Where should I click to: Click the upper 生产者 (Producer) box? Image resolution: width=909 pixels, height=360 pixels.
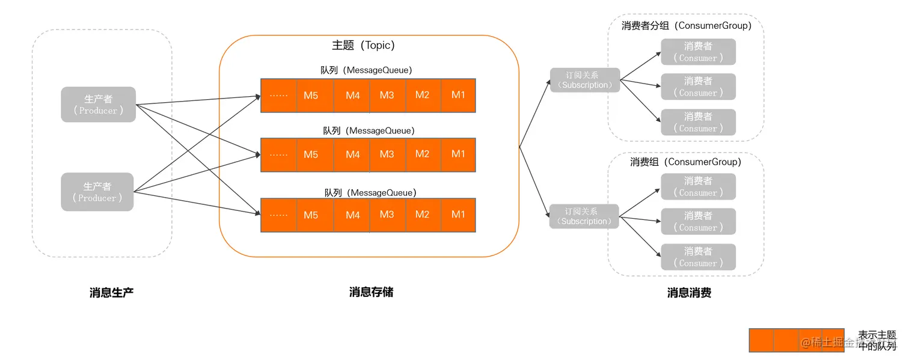pyautogui.click(x=98, y=105)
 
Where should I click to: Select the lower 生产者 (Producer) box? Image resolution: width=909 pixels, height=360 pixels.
pyautogui.click(x=97, y=192)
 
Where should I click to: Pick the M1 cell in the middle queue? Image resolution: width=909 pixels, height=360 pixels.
pyautogui.click(x=458, y=154)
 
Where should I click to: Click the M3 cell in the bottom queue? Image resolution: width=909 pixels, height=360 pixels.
pyautogui.click(x=387, y=215)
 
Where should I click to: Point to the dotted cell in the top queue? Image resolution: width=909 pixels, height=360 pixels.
pyautogui.click(x=279, y=95)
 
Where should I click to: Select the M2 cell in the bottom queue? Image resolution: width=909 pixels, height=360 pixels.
pyautogui.click(x=423, y=215)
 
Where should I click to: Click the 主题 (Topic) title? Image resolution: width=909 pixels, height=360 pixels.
pyautogui.click(x=363, y=45)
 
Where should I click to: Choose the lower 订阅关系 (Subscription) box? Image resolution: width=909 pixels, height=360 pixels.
pyautogui.click(x=584, y=216)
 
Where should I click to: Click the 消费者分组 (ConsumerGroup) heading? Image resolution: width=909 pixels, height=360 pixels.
pyautogui.click(x=686, y=26)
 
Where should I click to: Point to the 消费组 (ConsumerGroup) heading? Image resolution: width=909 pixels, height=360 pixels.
pyautogui.click(x=685, y=162)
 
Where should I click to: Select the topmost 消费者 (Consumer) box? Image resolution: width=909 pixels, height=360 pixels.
pyautogui.click(x=698, y=52)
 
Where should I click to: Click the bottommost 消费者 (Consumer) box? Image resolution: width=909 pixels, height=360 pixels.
pyautogui.click(x=698, y=257)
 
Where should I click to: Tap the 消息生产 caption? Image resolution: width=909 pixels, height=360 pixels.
pyautogui.click(x=111, y=293)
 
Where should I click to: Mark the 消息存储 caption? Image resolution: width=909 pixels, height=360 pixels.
pyautogui.click(x=371, y=292)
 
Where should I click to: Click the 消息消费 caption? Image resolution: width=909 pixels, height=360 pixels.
pyautogui.click(x=689, y=293)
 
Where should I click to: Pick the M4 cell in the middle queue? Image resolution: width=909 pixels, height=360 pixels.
pyautogui.click(x=352, y=154)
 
